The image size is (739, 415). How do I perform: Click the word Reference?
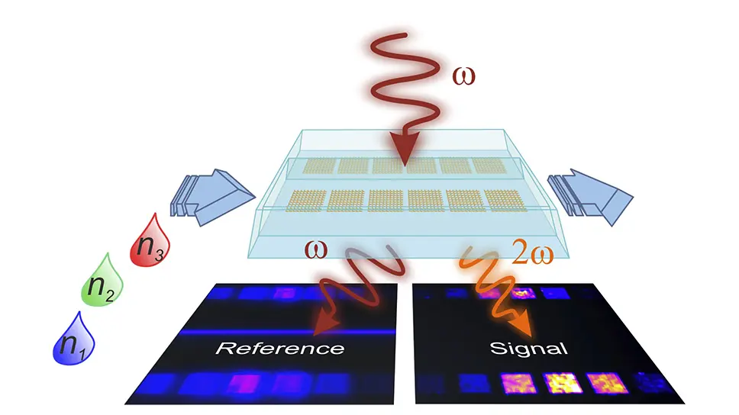point(279,349)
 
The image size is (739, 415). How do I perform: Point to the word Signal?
point(529,349)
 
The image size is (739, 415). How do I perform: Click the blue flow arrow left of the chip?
point(217,198)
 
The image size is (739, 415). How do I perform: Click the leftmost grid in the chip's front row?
point(306,201)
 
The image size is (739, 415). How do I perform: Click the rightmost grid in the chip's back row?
point(489,165)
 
